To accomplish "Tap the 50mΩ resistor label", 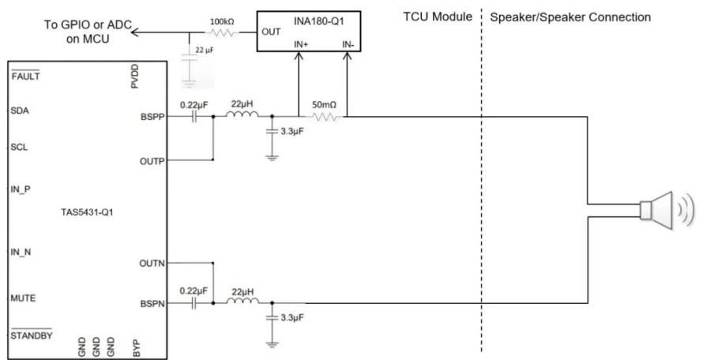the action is point(324,105).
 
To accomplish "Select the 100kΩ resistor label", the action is point(222,21).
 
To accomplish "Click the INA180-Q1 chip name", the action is point(319,21).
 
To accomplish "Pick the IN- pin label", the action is point(348,44).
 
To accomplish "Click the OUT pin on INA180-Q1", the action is point(271,32).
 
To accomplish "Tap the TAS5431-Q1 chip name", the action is point(87,212).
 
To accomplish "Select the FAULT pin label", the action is point(25,76).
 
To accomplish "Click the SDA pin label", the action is point(20,111).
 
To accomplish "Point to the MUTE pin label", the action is point(23,298).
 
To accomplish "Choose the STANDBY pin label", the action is point(32,335).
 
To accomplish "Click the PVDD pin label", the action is point(135,77).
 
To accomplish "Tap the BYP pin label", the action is point(137,348).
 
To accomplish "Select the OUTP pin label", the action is point(152,161).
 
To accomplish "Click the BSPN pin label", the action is point(152,303).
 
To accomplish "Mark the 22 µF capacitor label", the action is point(205,51).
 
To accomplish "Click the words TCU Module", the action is point(438,17).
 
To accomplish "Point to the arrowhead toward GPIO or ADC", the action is point(135,32).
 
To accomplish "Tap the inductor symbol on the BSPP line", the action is point(242,114).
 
